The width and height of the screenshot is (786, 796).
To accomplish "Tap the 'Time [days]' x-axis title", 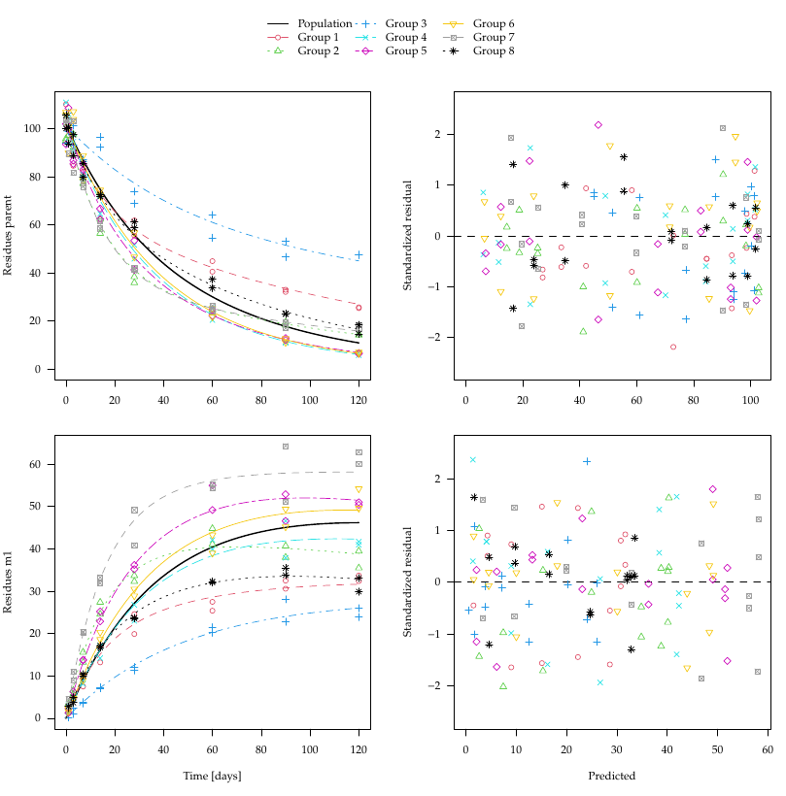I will click(x=212, y=776).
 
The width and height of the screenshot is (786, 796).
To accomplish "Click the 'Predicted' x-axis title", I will click(x=612, y=776).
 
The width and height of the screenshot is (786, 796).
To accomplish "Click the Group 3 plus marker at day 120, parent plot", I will click(x=359, y=255).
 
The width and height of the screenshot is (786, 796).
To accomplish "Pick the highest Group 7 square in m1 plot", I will click(x=286, y=447).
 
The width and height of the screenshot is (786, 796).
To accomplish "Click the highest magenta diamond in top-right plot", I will click(x=598, y=125).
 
